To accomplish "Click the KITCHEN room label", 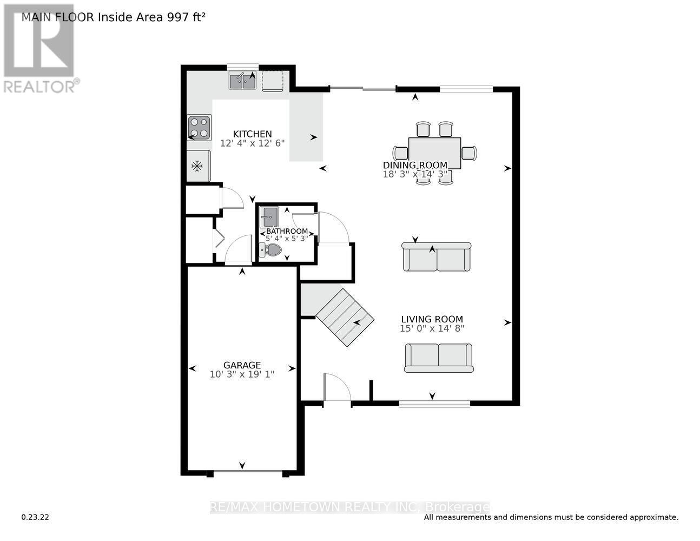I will click(252, 134).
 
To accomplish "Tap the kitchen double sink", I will click(242, 81).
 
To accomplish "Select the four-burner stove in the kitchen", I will click(199, 128).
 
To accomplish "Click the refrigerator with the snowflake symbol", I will click(198, 166).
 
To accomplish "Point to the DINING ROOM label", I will click(415, 165).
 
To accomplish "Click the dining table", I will click(435, 153).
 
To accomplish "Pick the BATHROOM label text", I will click(287, 231).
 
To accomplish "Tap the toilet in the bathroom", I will click(271, 250).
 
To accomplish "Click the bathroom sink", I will click(268, 217).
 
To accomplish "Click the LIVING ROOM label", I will click(432, 319).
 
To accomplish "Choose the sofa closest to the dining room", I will click(436, 258).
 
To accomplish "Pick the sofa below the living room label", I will click(439, 358).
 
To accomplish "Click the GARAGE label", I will click(242, 365).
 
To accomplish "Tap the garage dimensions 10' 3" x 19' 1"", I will click(242, 374).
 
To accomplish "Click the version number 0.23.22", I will click(35, 517).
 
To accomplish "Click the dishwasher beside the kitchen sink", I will click(273, 81).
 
